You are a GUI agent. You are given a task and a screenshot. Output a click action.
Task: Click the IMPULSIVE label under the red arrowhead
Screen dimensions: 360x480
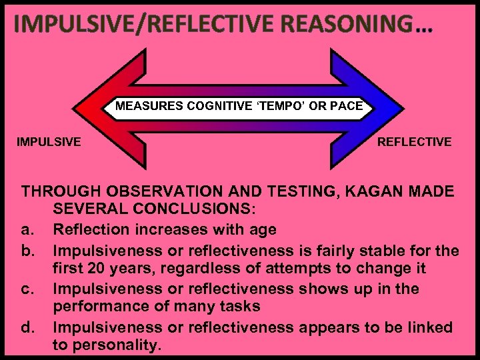coord(49,141)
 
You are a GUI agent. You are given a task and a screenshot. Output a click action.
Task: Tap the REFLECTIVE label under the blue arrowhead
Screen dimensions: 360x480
coord(414,141)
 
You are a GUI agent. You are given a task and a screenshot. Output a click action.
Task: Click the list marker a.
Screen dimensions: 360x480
coord(27,230)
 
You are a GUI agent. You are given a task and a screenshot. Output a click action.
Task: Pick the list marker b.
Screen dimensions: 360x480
coord(27,251)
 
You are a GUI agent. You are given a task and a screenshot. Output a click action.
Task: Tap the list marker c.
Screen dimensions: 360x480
coord(27,289)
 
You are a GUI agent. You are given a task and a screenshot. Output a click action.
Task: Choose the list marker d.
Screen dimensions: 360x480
coord(27,327)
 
